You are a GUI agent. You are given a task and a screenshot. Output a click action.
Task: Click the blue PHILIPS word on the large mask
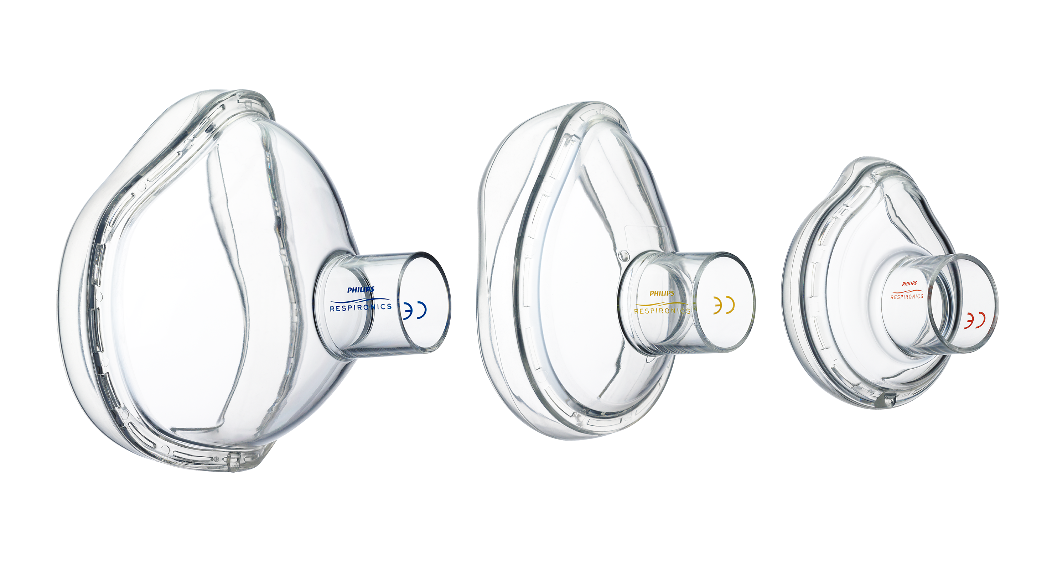point(361,290)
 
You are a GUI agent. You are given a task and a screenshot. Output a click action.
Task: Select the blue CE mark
point(415,310)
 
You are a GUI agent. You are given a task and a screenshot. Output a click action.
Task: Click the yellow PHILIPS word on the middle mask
point(662,293)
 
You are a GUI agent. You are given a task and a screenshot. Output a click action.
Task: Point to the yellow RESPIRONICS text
point(662,311)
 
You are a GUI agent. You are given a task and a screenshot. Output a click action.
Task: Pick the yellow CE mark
point(724,305)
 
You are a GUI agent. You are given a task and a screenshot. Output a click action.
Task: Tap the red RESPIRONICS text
point(907,297)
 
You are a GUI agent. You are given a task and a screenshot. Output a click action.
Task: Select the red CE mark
point(974,321)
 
